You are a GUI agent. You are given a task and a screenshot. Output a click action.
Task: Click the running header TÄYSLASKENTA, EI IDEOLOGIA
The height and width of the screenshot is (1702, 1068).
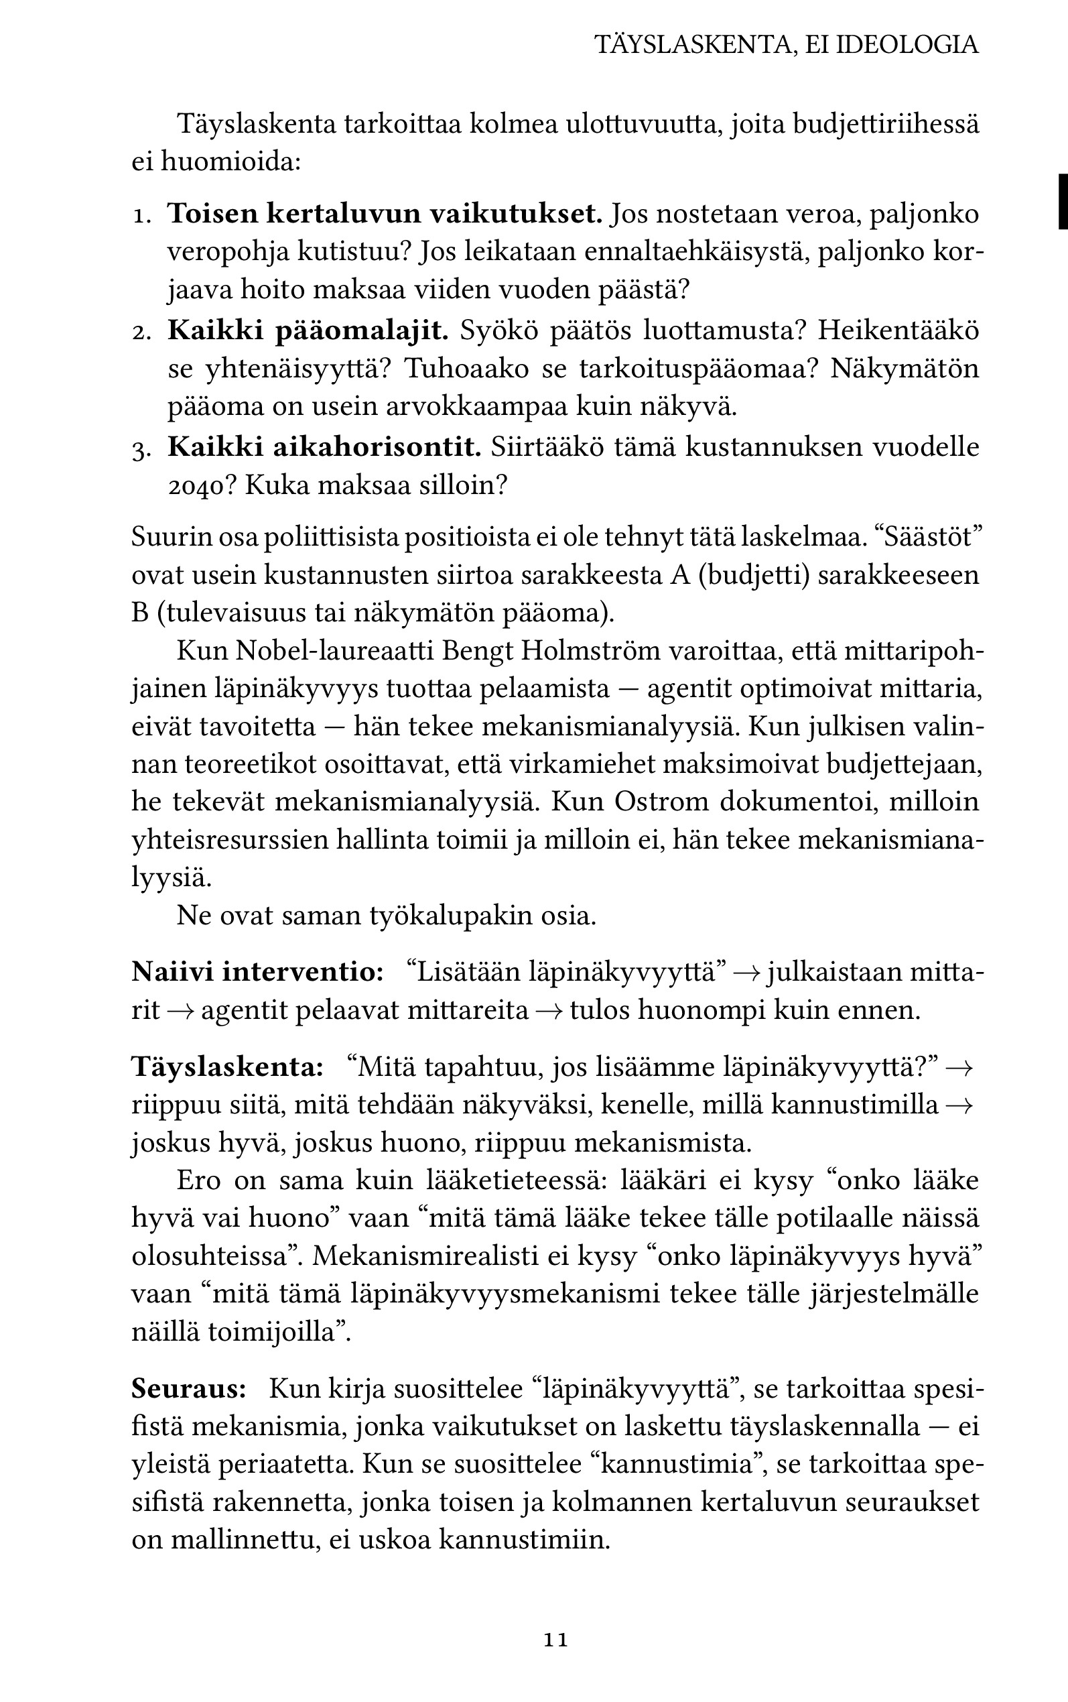pyautogui.click(x=786, y=45)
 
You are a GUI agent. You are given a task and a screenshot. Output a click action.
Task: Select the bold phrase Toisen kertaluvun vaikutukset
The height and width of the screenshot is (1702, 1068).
pyautogui.click(x=385, y=213)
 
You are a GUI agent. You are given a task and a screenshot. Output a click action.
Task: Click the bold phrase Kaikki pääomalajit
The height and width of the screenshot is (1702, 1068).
pyautogui.click(x=308, y=330)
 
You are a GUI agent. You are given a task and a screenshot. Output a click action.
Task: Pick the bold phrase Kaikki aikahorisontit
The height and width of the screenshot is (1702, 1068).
pyautogui.click(x=324, y=447)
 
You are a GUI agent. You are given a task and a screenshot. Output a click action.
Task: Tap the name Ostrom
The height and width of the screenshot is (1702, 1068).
pyautogui.click(x=661, y=802)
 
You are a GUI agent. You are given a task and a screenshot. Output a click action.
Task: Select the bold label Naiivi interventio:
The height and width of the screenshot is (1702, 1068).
pyautogui.click(x=257, y=972)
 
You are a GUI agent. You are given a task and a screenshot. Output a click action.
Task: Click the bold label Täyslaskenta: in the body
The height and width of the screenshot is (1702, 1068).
pyautogui.click(x=227, y=1067)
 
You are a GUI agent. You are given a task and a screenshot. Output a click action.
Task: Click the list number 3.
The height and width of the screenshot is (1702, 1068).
pyautogui.click(x=141, y=448)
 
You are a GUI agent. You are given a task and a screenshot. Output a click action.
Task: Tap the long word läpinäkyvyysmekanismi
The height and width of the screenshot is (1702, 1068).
pyautogui.click(x=490, y=1294)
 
